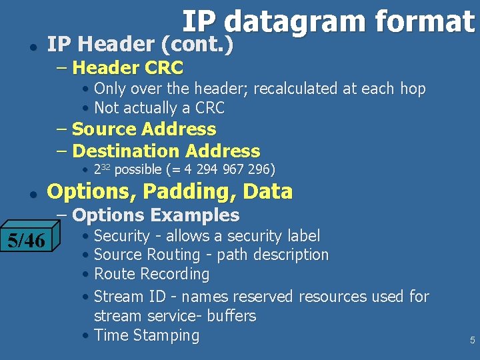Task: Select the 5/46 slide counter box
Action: tap(27, 240)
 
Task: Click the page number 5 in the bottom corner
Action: tap(472, 340)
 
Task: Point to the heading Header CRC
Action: tap(127, 67)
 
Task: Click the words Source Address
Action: tap(144, 129)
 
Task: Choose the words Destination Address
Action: tap(166, 151)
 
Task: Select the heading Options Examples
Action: tap(155, 215)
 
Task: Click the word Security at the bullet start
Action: tap(122, 235)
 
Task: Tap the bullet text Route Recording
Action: tap(151, 274)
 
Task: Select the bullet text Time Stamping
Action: tap(147, 335)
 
